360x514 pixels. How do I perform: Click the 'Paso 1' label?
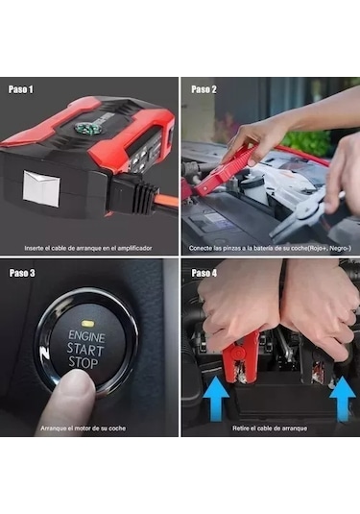[x=21, y=89]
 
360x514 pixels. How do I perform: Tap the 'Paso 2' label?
[x=203, y=89]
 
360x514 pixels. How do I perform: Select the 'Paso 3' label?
[x=22, y=273]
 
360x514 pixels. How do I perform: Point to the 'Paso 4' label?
[x=203, y=273]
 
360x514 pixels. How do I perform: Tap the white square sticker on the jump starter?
[x=41, y=186]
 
